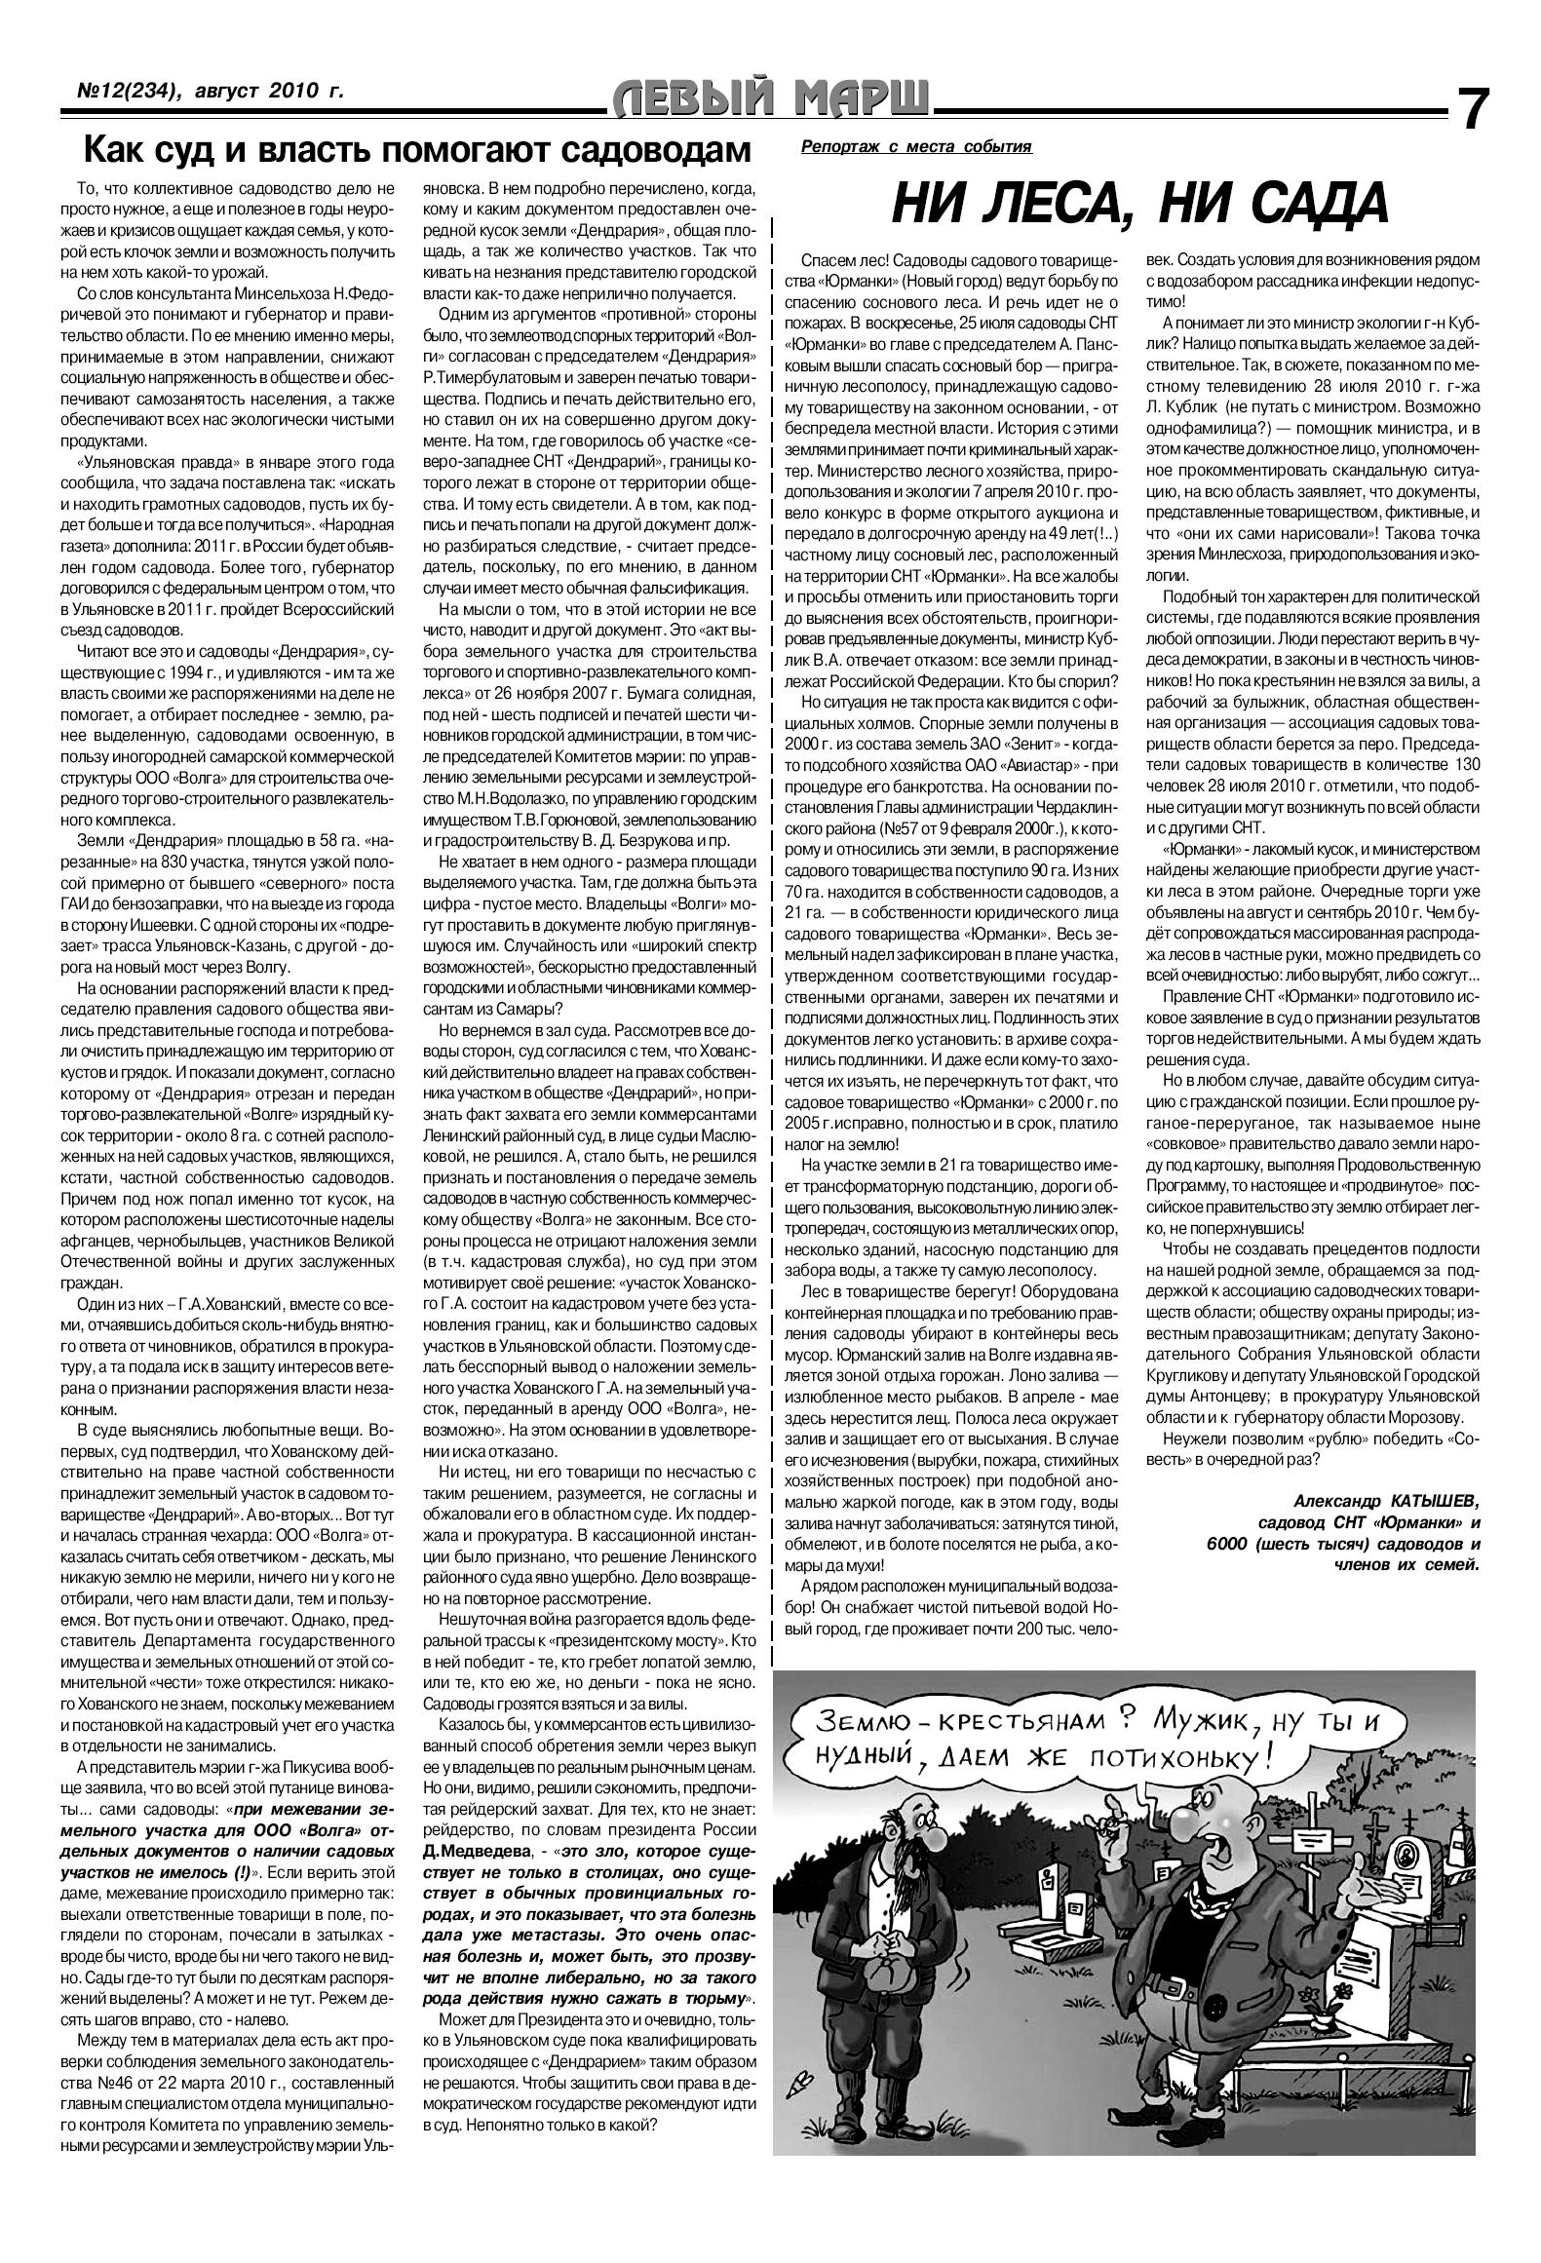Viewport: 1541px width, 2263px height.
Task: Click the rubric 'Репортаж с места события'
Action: pyautogui.click(x=915, y=146)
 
